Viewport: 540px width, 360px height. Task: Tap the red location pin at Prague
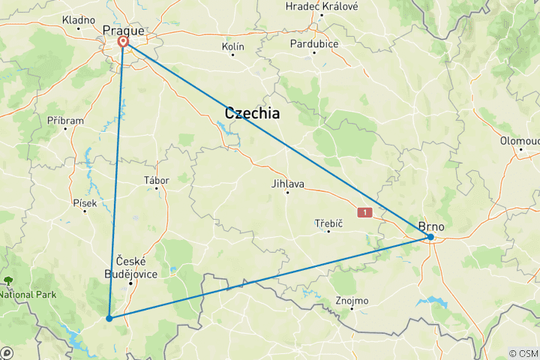click(122, 43)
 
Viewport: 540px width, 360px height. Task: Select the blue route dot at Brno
click(430, 237)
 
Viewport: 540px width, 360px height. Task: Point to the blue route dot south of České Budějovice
click(109, 318)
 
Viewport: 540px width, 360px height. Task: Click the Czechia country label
click(252, 114)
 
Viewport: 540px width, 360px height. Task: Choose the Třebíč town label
click(328, 223)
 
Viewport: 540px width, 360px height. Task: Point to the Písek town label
click(85, 202)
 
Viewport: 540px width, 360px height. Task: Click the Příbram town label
click(65, 120)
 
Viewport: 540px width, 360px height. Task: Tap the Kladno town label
click(79, 19)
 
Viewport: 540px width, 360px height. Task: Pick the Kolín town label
click(233, 46)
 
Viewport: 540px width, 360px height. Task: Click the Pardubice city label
click(315, 43)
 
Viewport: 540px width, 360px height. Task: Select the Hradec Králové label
click(322, 6)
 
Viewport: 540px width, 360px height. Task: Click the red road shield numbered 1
click(365, 213)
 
